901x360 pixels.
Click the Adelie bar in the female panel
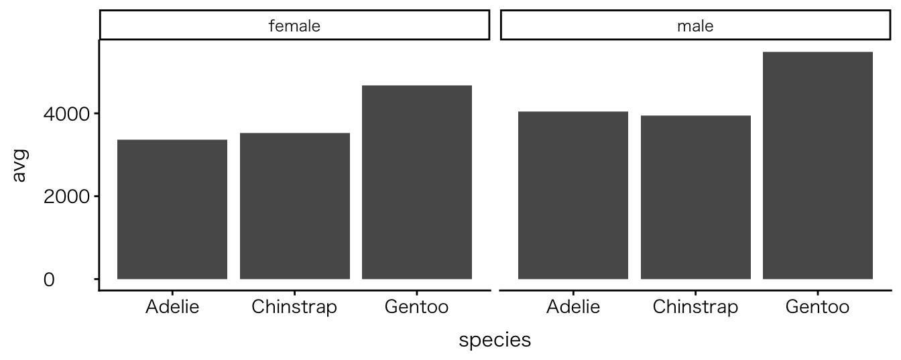pyautogui.click(x=172, y=209)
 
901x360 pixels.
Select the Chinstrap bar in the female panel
pyautogui.click(x=295, y=206)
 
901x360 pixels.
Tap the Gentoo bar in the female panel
pyautogui.click(x=417, y=182)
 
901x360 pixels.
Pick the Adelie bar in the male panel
pyautogui.click(x=573, y=195)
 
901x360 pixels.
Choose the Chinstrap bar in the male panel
pyautogui.click(x=696, y=197)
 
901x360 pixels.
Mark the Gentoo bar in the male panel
pyautogui.click(x=818, y=165)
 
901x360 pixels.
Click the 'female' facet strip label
pyautogui.click(x=294, y=26)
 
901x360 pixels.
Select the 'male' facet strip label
pyautogui.click(x=695, y=26)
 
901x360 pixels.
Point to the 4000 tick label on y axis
pyautogui.click(x=66, y=114)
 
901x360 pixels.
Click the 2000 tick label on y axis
pyautogui.click(x=66, y=197)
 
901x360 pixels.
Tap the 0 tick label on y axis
pyautogui.click(x=49, y=280)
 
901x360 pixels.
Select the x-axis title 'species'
pyautogui.click(x=495, y=340)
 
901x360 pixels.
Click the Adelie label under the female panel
pyautogui.click(x=172, y=308)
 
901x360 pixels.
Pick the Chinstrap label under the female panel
pyautogui.click(x=295, y=308)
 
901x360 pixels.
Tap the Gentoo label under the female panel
pyautogui.click(x=417, y=308)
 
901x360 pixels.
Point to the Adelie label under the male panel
pyautogui.click(x=573, y=308)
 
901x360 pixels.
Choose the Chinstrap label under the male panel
pyautogui.click(x=696, y=308)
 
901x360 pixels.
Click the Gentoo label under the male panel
pyautogui.click(x=818, y=308)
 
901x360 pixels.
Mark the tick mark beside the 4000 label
pyautogui.click(x=96, y=113)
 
